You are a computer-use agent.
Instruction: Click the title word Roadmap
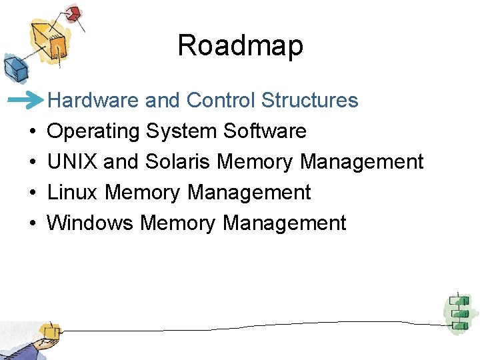(240, 46)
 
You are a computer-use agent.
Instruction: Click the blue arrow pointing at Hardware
(26, 101)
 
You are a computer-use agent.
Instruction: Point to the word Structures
(310, 101)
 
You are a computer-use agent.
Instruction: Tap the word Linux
(73, 193)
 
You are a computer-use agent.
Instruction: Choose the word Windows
(90, 223)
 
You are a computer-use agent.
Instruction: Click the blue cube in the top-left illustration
(13, 67)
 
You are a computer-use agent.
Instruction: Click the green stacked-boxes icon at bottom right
(458, 311)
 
